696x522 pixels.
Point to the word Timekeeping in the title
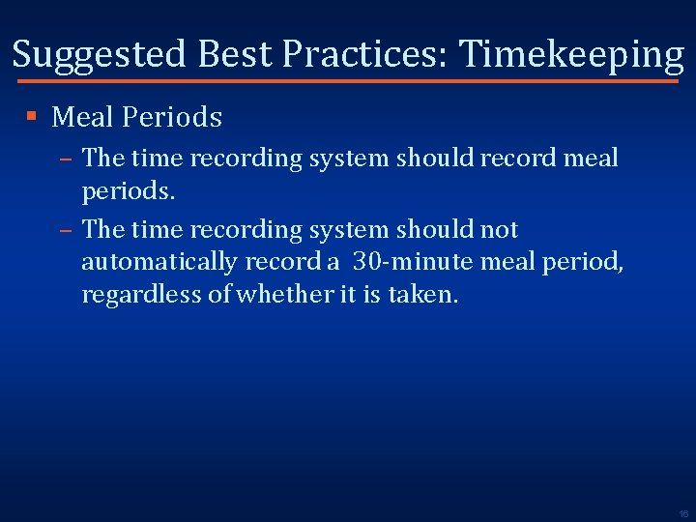point(571,55)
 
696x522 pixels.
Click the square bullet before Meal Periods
point(32,117)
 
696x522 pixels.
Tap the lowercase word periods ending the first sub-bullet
point(128,191)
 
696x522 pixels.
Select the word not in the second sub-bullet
point(497,230)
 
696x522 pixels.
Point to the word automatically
point(159,262)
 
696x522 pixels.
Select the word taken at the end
point(422,294)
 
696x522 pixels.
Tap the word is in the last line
point(371,294)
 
